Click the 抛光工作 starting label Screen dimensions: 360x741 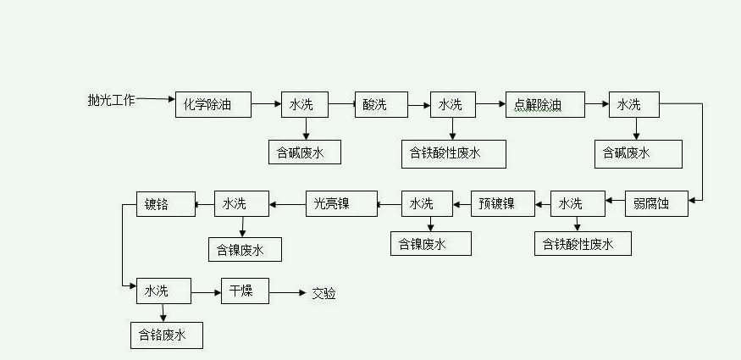click(x=111, y=100)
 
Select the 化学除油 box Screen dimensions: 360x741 click(x=214, y=105)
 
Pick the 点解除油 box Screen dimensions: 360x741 click(x=545, y=105)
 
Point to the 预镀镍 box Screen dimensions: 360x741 click(x=503, y=203)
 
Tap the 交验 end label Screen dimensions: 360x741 click(x=323, y=293)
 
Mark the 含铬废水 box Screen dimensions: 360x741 click(x=166, y=336)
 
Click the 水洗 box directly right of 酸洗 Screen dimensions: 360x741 click(x=452, y=105)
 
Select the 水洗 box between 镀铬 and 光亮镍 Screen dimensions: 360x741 click(x=241, y=203)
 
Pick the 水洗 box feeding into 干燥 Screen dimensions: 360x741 click(x=163, y=291)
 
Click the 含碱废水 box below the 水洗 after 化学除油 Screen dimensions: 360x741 click(x=304, y=153)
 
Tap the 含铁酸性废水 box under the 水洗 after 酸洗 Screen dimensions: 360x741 click(x=454, y=153)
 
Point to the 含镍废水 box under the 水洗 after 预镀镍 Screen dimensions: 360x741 click(x=430, y=243)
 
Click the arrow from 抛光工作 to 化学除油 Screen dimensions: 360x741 click(x=155, y=100)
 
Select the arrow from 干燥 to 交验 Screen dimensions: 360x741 click(x=288, y=292)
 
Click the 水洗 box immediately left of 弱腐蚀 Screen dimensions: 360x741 click(x=578, y=203)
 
